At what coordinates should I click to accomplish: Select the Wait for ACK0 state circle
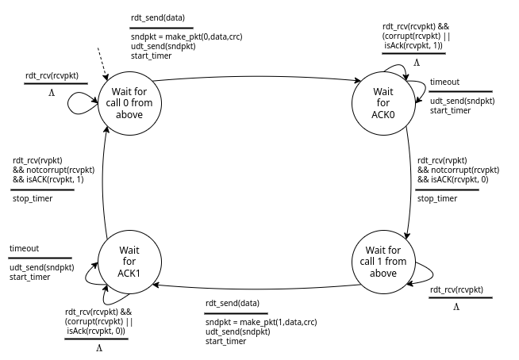click(x=383, y=102)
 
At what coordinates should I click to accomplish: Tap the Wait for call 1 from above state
click(x=383, y=262)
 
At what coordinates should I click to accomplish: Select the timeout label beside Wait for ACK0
click(x=444, y=82)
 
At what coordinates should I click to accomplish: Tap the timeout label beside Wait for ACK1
click(x=24, y=248)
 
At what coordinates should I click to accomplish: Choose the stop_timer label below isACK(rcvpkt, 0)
click(x=436, y=198)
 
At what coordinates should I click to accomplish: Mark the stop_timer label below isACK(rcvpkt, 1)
click(x=33, y=198)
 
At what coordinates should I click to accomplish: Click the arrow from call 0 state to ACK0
click(x=254, y=77)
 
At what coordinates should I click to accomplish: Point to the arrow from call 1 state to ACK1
click(x=254, y=285)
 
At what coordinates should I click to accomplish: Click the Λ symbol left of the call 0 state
click(x=52, y=93)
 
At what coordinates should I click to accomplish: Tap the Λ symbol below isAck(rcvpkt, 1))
click(x=416, y=61)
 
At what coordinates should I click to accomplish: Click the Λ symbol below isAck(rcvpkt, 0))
click(x=99, y=347)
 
